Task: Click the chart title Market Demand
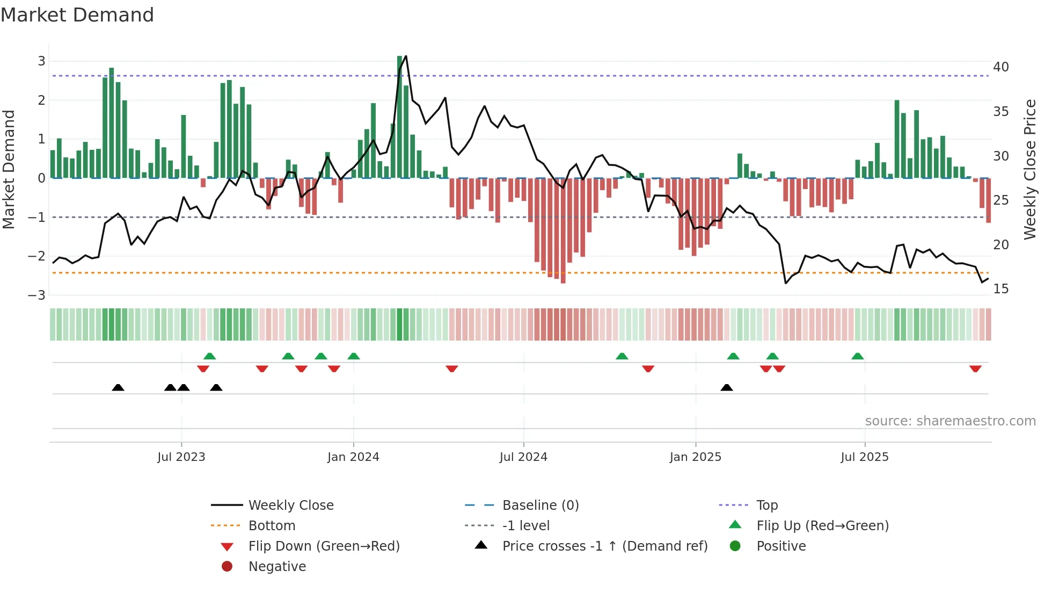click(77, 15)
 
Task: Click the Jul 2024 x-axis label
click(523, 457)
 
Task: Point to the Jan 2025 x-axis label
click(695, 457)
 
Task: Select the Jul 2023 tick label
click(181, 457)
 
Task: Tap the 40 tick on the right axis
click(1000, 67)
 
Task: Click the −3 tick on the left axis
click(36, 295)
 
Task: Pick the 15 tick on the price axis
click(1000, 289)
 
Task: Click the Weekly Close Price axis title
click(1029, 169)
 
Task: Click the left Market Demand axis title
click(9, 169)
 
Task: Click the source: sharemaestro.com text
click(950, 421)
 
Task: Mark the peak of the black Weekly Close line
click(406, 56)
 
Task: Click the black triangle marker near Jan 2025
click(727, 388)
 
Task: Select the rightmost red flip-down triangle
click(975, 369)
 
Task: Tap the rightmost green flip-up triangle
click(858, 356)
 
